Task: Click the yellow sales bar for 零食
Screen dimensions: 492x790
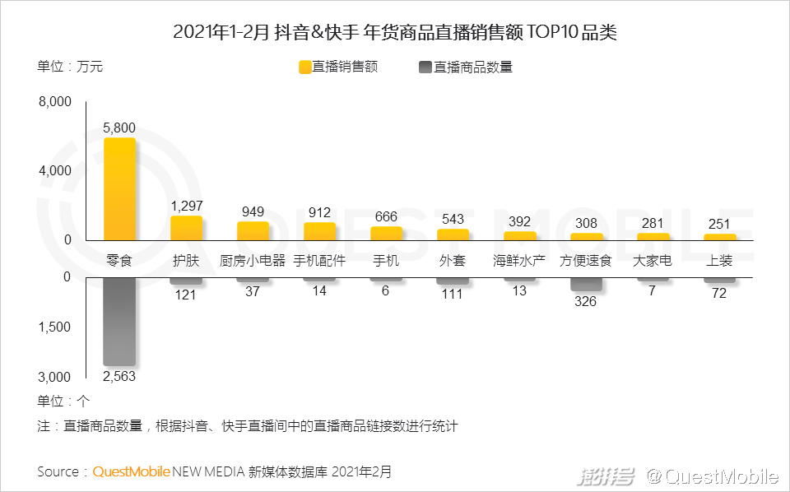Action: coord(119,189)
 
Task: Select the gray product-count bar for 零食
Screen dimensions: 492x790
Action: coord(119,321)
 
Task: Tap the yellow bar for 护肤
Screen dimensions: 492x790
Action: coord(186,228)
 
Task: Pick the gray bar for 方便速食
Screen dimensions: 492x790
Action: coord(586,284)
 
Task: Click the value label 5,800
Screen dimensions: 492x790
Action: coord(119,128)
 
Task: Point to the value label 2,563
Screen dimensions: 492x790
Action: coord(119,376)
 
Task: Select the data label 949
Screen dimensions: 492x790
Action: coord(253,211)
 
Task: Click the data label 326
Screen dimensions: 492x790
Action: coord(586,301)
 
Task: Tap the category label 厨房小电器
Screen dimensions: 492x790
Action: coord(253,261)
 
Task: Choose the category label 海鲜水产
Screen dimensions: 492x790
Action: coord(519,261)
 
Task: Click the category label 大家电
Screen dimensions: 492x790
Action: coord(653,261)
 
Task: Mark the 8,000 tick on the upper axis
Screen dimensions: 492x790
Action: coord(55,102)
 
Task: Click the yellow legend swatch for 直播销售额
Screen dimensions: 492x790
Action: coord(304,67)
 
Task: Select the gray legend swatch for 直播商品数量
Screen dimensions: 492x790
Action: coord(425,67)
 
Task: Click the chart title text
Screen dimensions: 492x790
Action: coord(395,33)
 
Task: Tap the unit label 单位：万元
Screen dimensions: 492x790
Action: coord(70,67)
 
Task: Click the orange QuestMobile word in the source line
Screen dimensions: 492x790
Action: coord(132,472)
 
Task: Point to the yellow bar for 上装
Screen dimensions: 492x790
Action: coord(719,237)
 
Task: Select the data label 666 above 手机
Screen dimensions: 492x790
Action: coord(386,216)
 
